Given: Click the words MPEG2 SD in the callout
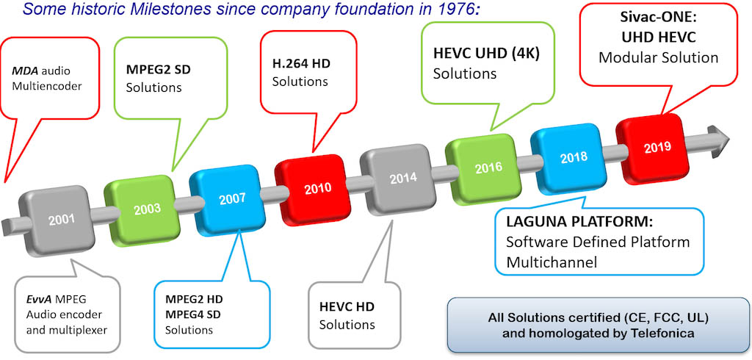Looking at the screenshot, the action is coord(159,70).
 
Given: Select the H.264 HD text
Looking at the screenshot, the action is coord(301,63).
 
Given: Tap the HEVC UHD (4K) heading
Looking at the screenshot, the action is coord(486,54).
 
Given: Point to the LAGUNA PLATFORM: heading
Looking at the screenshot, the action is coord(580,223).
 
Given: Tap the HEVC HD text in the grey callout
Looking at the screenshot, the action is coord(347,306).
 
